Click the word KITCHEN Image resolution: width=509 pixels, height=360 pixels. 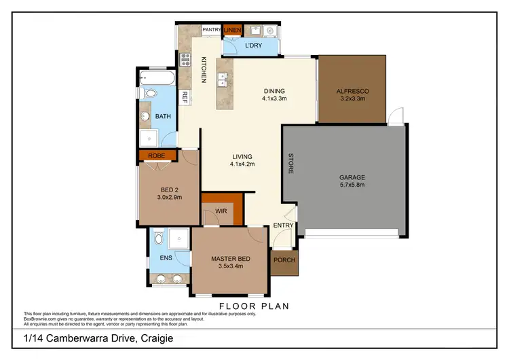(x=203, y=70)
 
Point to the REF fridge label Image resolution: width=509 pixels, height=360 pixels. (x=184, y=96)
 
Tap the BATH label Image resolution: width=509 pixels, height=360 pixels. (x=163, y=116)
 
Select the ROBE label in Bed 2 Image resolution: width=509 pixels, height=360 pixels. (x=156, y=155)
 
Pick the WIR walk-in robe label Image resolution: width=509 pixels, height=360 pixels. (x=221, y=211)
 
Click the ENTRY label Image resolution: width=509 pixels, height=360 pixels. (x=282, y=226)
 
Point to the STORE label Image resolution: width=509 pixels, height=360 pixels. (x=290, y=162)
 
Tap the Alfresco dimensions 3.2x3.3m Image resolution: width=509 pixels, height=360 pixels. (x=352, y=98)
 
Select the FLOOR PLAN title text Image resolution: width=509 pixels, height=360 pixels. (x=254, y=306)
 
